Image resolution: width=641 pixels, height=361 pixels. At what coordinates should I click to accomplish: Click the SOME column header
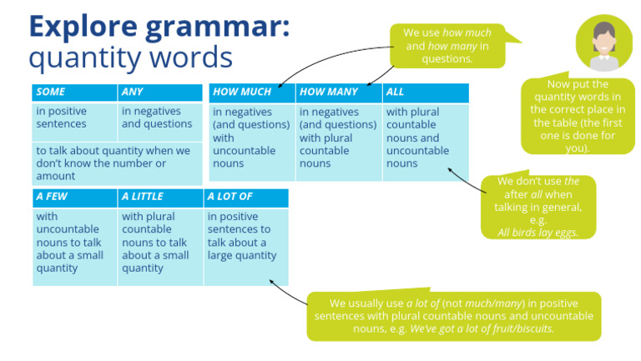point(74,93)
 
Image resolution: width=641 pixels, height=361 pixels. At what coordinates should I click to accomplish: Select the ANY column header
point(160,93)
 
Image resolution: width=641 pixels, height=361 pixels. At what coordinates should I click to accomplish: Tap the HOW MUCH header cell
point(251,93)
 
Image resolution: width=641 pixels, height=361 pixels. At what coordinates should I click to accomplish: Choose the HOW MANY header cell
point(338,93)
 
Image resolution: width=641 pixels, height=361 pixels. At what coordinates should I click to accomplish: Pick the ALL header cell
point(425,93)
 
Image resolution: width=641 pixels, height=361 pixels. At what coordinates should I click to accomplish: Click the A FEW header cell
point(74,198)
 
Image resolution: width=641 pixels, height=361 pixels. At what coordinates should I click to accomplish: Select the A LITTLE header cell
point(160,198)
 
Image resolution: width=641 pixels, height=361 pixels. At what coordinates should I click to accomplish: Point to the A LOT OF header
point(246,198)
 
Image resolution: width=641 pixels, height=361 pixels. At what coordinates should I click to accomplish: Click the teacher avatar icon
point(603,43)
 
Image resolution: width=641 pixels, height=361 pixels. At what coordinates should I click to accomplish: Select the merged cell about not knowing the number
point(117,163)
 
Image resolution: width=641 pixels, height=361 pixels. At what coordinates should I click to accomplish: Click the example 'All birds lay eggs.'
point(538,233)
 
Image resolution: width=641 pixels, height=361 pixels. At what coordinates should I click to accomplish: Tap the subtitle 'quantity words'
point(130,58)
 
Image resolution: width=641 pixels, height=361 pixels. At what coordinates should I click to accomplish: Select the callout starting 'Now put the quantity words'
point(578,116)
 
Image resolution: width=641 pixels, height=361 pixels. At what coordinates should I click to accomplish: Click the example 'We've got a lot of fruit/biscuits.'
point(482,328)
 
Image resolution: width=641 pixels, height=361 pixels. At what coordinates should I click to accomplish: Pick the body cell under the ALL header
point(425,138)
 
